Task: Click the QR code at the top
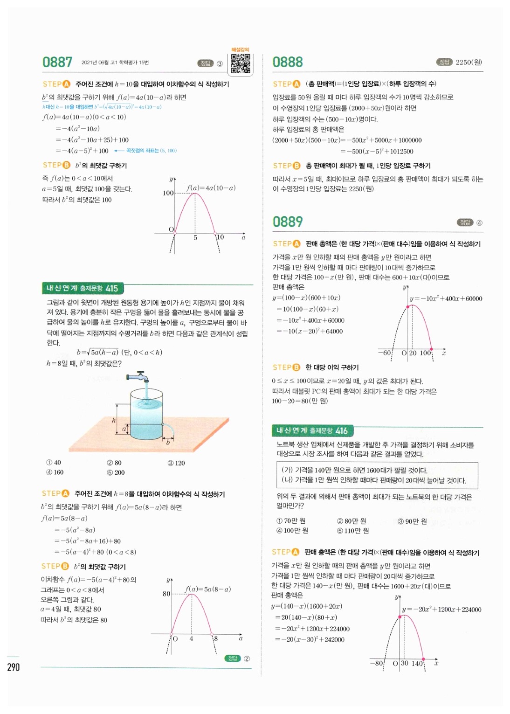[x=241, y=64]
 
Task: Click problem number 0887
[x=57, y=62]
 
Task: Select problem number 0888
[x=288, y=62]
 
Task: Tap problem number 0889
[x=288, y=222]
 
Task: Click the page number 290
[x=14, y=667]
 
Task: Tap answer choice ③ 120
[x=176, y=463]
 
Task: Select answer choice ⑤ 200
[x=116, y=472]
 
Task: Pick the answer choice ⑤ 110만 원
[x=353, y=531]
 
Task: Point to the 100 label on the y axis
[x=168, y=193]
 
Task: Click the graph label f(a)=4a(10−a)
[x=211, y=188]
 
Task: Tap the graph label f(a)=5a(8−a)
[x=208, y=589]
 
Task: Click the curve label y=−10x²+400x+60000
[x=446, y=298]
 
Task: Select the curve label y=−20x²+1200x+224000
[x=441, y=610]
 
